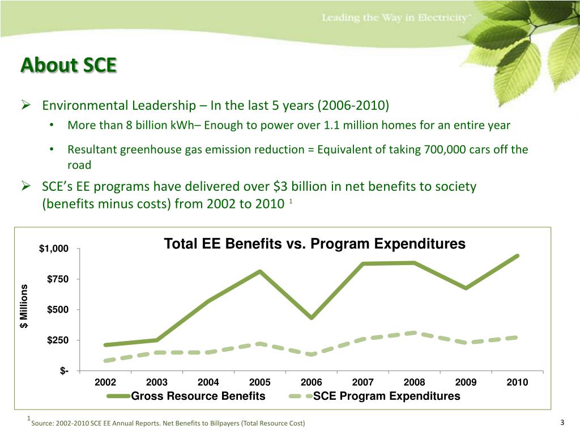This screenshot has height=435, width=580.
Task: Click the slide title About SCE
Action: [x=69, y=66]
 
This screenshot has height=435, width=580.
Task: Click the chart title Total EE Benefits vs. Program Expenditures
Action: [x=314, y=244]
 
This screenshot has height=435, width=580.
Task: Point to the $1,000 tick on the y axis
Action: [x=54, y=249]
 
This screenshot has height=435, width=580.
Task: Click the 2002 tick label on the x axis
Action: [x=105, y=382]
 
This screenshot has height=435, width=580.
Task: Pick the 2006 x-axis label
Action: [x=312, y=382]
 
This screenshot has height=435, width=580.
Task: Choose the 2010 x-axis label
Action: [x=517, y=382]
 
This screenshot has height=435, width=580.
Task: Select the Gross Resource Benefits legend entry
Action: [x=198, y=396]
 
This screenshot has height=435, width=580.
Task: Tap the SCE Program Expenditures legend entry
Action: [x=387, y=396]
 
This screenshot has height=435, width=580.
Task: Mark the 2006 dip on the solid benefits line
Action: [x=311, y=318]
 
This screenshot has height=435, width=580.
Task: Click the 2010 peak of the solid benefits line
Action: [x=517, y=256]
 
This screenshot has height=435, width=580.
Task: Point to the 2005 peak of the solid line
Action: [x=260, y=271]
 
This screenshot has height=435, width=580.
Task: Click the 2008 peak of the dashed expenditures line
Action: [x=414, y=332]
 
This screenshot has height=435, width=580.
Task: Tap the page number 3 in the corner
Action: [x=562, y=423]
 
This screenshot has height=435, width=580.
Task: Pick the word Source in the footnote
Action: [x=43, y=424]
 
